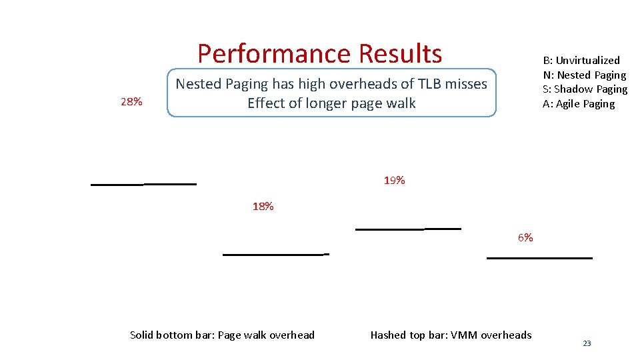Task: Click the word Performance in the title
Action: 274,53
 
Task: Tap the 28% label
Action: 131,102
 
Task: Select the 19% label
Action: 394,181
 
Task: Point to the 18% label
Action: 263,207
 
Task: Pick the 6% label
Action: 525,238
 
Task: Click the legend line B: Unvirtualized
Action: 581,60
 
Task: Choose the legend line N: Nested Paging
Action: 584,75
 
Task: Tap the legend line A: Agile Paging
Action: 579,104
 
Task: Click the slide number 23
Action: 587,343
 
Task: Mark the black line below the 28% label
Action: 143,184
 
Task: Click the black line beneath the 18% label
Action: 275,254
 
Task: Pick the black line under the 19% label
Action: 408,229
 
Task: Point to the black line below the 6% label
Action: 539,257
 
